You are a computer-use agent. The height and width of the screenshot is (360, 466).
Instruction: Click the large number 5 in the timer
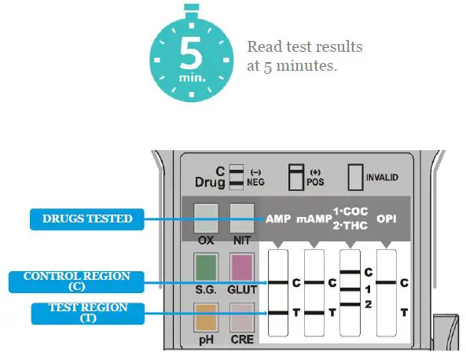click(x=191, y=52)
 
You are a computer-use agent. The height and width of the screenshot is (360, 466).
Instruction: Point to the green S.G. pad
click(x=205, y=268)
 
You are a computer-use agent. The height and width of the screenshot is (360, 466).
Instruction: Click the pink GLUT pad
click(x=240, y=268)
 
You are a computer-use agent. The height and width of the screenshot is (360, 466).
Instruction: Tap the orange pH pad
click(x=205, y=323)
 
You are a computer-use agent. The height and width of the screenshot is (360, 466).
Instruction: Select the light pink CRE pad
click(x=240, y=323)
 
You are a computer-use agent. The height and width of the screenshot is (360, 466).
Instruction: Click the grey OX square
click(x=205, y=213)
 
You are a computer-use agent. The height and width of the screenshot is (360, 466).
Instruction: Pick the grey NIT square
click(x=240, y=213)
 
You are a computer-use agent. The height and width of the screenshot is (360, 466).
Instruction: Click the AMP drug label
click(x=278, y=219)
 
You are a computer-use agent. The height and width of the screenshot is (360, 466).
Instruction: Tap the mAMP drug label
click(x=311, y=219)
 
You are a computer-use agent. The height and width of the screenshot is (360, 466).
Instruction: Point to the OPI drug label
click(x=387, y=219)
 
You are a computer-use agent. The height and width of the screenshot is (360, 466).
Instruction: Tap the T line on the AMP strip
click(x=278, y=313)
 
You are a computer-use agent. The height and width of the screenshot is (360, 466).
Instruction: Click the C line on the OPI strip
click(x=386, y=281)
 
